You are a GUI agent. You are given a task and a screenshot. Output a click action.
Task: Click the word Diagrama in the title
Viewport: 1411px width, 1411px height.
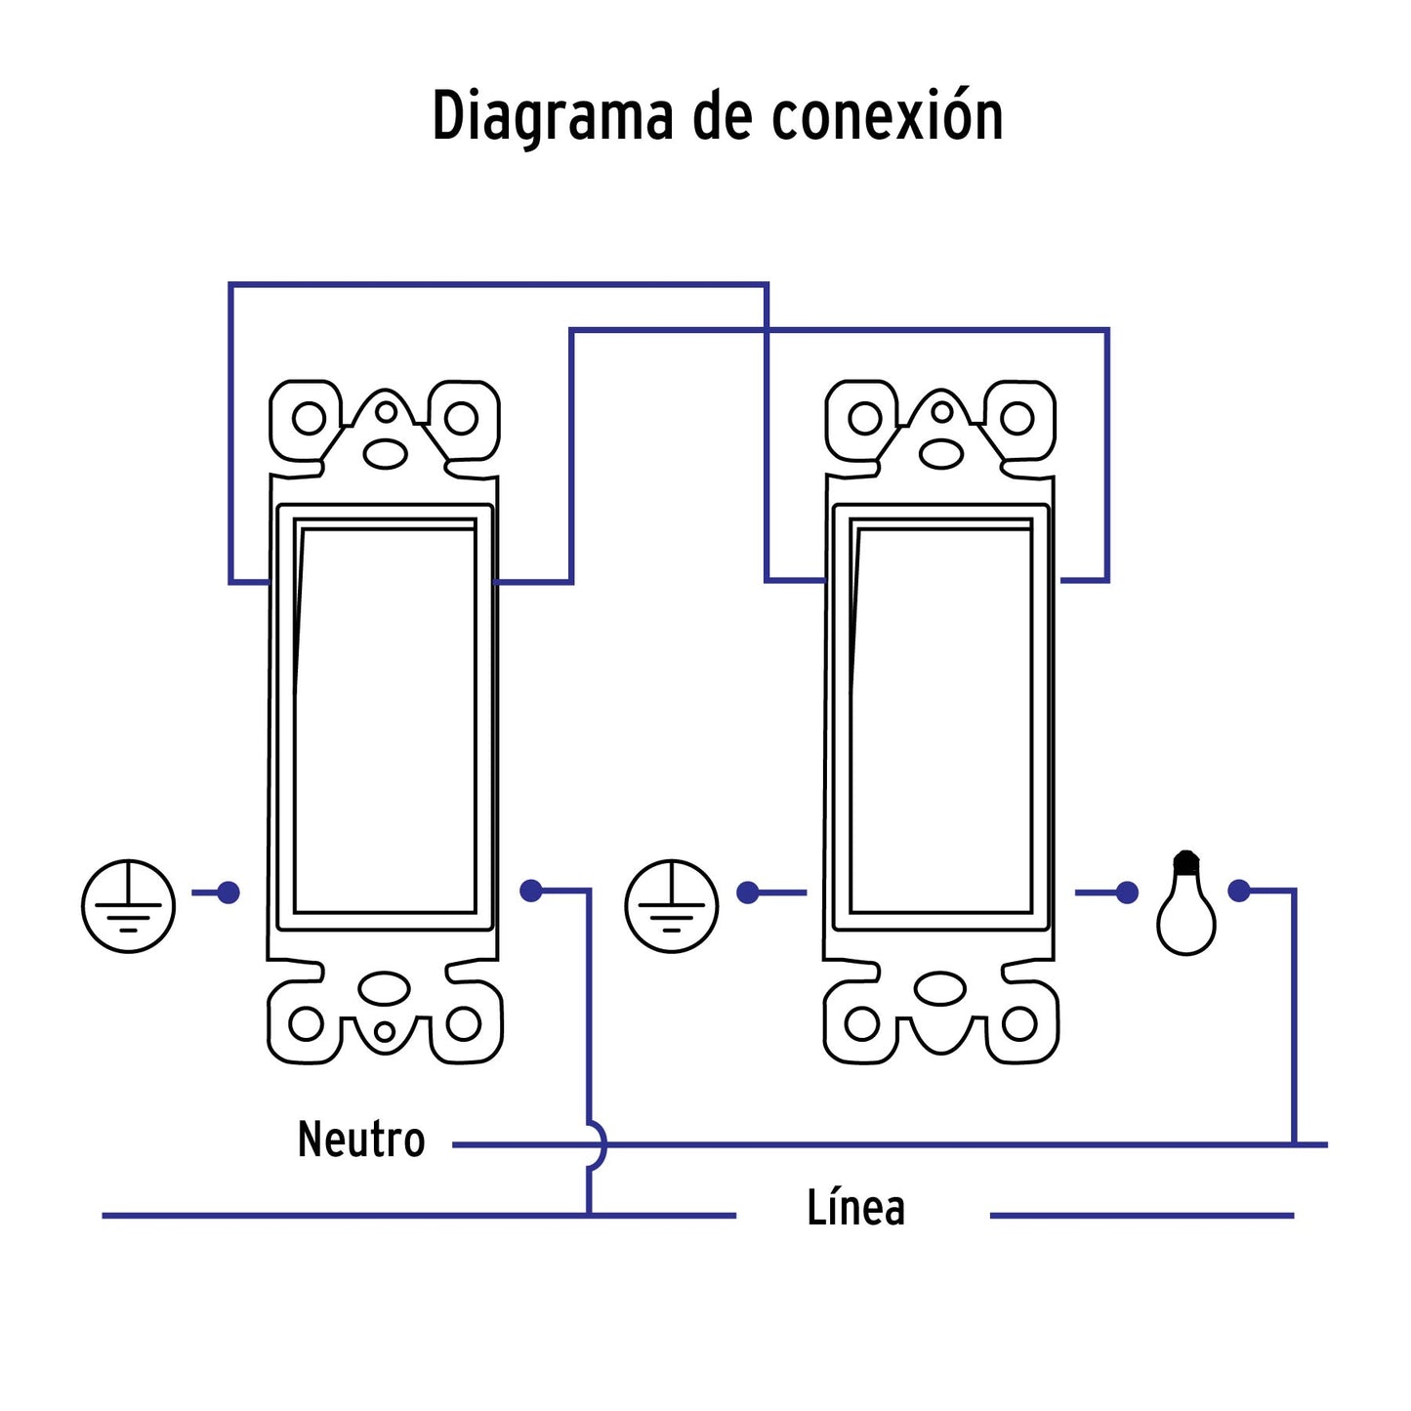[x=553, y=117]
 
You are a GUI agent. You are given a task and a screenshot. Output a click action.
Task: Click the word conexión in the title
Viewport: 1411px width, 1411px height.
[x=887, y=117]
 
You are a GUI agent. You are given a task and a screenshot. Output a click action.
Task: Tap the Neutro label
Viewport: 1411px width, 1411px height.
[x=361, y=1140]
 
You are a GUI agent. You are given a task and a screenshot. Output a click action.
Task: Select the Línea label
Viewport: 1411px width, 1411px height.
[x=855, y=1208]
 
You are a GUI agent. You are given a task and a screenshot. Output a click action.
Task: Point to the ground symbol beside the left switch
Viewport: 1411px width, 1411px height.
[x=128, y=906]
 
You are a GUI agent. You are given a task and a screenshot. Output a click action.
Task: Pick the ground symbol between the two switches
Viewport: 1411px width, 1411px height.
[x=672, y=906]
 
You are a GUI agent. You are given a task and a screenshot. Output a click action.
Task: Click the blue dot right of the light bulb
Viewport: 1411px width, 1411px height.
[x=1239, y=891]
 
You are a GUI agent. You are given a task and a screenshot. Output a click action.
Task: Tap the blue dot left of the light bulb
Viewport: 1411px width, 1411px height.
[x=1127, y=892]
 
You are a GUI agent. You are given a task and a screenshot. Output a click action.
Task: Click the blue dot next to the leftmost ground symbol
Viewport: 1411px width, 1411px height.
[x=228, y=892]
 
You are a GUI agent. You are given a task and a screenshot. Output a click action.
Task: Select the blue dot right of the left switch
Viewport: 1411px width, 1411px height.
[x=531, y=891]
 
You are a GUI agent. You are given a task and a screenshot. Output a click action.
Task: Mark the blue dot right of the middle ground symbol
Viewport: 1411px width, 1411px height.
[x=748, y=892]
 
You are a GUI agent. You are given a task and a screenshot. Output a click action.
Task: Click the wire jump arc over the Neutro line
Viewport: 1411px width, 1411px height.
[x=598, y=1144]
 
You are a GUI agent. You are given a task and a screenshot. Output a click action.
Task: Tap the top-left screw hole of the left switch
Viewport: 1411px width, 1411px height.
[x=309, y=419]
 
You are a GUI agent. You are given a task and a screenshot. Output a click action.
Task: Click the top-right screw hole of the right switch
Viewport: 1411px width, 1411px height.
[x=1017, y=419]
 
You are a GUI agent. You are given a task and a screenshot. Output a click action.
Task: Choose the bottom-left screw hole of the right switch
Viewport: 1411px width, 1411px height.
[x=862, y=1024]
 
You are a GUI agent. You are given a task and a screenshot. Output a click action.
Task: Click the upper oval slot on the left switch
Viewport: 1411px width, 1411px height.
[x=386, y=453]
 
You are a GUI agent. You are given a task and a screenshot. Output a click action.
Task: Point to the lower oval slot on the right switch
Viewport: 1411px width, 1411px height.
[x=941, y=988]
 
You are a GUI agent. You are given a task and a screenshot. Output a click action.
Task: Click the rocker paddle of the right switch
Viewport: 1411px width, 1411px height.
[x=941, y=718]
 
